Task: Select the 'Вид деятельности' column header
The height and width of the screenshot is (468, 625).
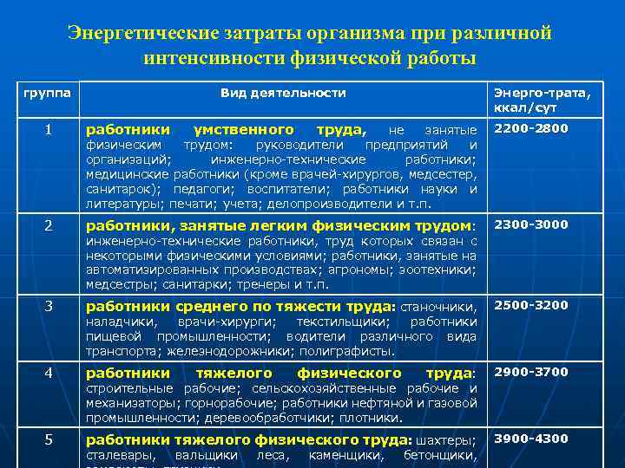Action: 282,93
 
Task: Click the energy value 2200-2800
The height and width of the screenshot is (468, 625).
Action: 531,129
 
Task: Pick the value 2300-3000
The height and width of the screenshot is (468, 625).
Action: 531,224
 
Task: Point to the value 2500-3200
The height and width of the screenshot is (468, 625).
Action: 531,305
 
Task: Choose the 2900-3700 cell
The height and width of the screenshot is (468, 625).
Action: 531,372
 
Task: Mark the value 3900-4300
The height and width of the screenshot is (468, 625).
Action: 531,439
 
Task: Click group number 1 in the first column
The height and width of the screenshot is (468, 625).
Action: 49,129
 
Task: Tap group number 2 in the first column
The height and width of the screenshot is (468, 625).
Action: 49,224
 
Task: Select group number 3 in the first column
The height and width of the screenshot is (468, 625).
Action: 49,305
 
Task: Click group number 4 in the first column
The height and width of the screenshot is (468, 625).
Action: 49,372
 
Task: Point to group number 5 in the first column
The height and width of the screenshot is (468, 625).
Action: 49,439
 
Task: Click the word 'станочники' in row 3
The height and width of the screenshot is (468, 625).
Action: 437,306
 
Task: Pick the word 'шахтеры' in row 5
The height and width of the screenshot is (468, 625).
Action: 448,439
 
